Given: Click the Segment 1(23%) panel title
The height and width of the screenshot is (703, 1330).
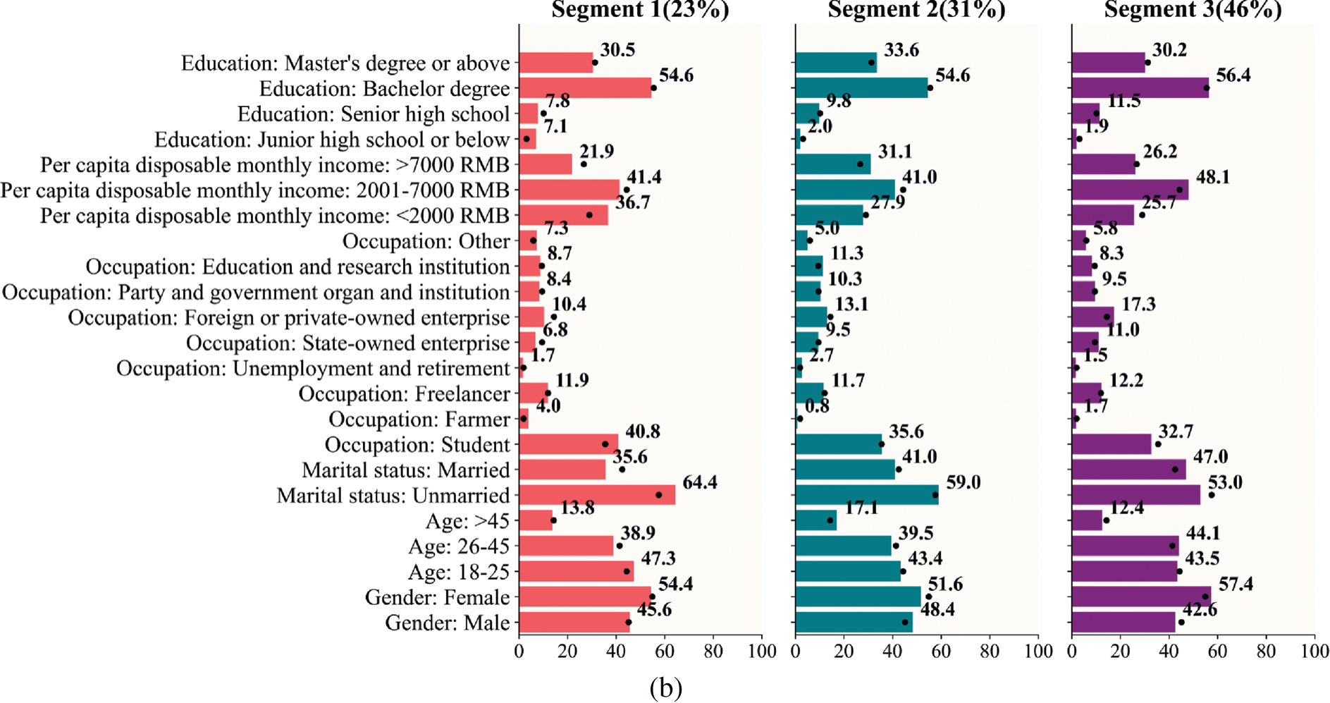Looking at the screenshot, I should point(640,10).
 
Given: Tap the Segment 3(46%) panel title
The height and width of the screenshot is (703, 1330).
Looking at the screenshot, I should point(1193,10).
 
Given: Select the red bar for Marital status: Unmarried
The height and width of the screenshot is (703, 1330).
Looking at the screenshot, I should point(597,495).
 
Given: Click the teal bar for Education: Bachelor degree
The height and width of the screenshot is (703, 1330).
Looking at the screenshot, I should point(861,88).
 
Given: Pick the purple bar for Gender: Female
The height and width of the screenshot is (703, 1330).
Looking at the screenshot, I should point(1141,597).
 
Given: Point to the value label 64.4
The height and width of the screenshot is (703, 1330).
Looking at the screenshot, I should point(699,483).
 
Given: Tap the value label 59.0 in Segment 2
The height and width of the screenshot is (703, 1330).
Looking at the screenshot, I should point(963,483).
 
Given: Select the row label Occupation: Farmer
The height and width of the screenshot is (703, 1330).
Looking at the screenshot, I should point(419,420).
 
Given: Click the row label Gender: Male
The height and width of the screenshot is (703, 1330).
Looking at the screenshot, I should point(447,623).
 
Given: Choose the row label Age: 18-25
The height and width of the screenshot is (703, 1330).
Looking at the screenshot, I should point(458,572).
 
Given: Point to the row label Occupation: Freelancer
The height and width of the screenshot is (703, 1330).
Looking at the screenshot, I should point(404,394).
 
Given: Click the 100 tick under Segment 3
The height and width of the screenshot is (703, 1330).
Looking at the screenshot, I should point(1314,652).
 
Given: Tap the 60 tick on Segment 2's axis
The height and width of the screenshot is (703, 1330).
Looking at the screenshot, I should point(941,652).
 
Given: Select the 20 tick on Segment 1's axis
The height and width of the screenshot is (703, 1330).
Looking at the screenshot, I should point(567,652).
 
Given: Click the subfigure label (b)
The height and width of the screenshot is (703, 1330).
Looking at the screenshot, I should point(665,687).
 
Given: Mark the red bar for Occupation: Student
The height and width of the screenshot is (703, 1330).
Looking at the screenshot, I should point(568,444).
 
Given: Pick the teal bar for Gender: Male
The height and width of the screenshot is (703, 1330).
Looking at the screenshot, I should point(854,623).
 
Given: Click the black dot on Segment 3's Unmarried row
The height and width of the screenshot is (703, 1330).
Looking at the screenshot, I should point(1211,495).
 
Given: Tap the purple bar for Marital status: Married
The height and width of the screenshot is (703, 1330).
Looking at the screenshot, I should point(1128,470).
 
